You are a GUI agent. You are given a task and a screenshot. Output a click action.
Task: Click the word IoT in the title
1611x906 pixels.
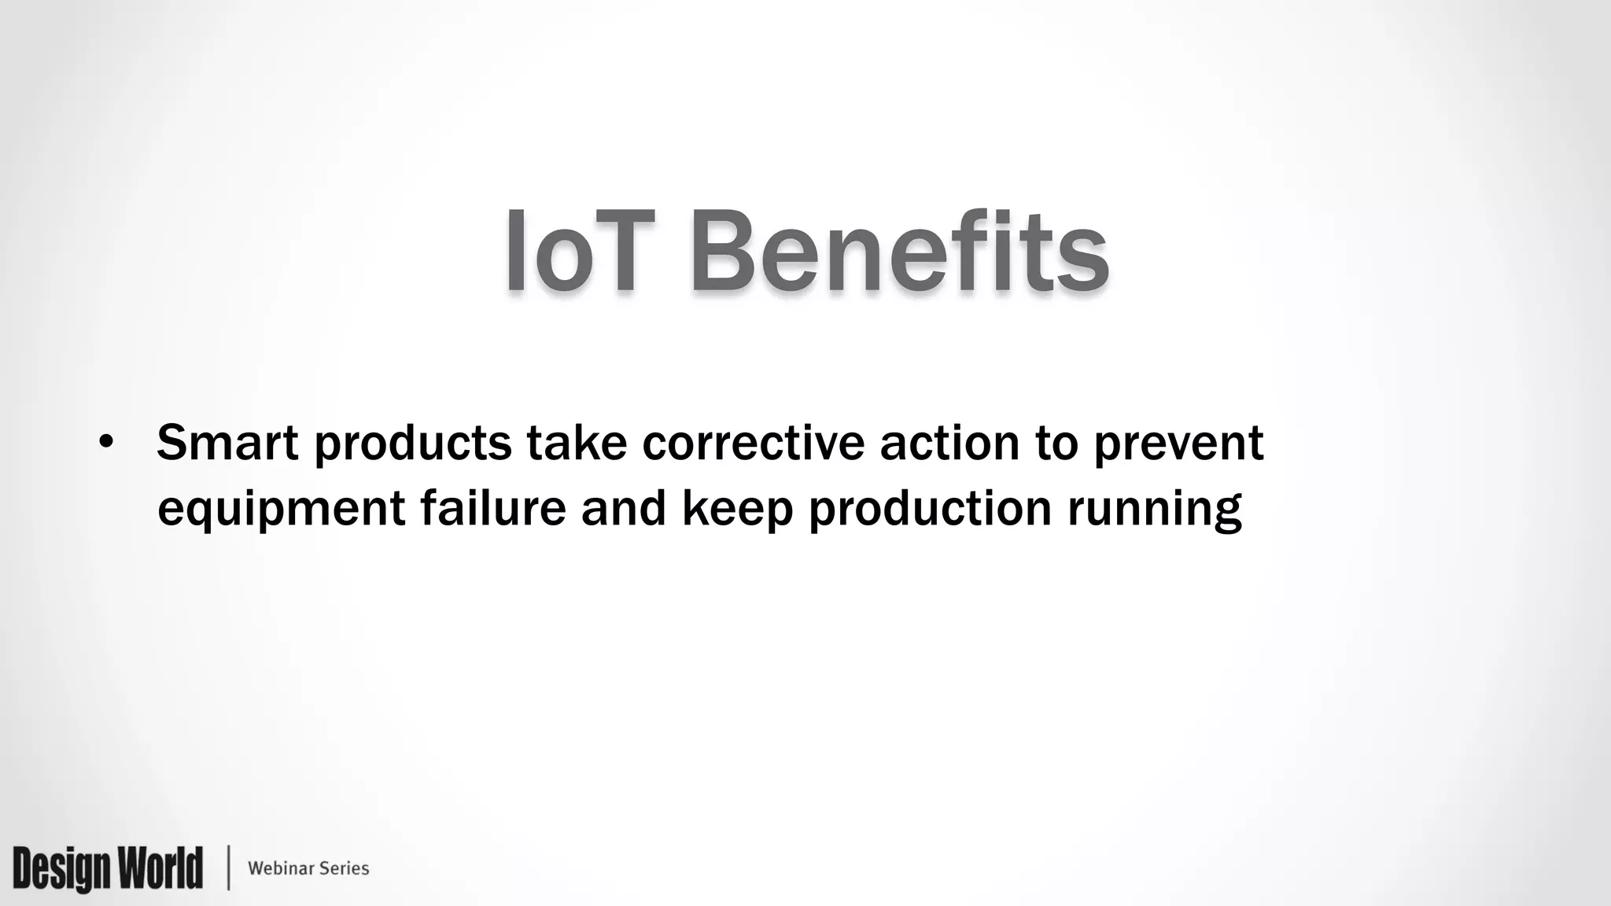click(x=581, y=252)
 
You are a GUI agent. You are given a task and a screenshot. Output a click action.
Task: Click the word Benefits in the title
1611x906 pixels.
click(x=900, y=252)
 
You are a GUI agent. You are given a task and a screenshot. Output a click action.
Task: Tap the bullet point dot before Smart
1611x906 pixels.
click(x=106, y=444)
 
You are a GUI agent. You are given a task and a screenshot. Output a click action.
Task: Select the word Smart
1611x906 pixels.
click(x=227, y=443)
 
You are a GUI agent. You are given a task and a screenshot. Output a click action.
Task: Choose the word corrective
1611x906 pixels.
click(x=753, y=443)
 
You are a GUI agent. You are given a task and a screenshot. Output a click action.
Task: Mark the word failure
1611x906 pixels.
click(x=493, y=507)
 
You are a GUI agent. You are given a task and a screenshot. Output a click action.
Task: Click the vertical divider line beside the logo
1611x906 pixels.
click(x=229, y=867)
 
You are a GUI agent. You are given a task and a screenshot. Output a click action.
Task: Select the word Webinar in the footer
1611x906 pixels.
click(x=280, y=868)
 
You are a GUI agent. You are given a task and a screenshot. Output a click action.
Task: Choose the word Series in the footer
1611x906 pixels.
click(x=344, y=868)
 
